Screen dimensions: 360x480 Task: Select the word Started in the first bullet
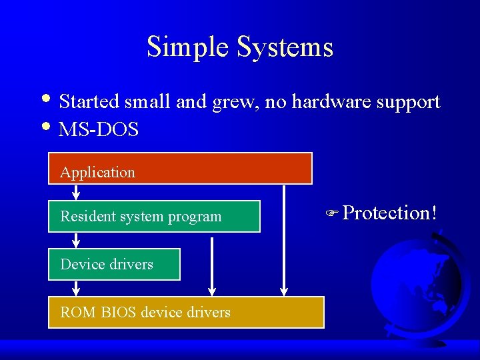[x=88, y=102]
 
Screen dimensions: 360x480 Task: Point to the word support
[x=406, y=103]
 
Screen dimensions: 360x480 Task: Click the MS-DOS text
[x=99, y=129]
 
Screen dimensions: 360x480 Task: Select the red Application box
[x=180, y=168]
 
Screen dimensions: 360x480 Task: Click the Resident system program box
[x=154, y=216]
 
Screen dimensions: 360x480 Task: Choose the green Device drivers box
[x=114, y=264]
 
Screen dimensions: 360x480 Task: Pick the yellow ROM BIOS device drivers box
[x=186, y=312]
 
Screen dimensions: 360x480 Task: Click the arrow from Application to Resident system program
[x=76, y=192]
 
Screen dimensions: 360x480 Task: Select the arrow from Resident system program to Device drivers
[x=76, y=240]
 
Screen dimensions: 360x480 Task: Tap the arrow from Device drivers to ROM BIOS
[x=76, y=288]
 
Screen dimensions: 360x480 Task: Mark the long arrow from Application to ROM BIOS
[x=284, y=240]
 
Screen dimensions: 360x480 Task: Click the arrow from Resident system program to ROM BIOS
[x=212, y=264]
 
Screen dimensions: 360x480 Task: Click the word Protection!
[x=390, y=213]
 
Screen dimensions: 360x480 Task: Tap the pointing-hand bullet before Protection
[x=333, y=214]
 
